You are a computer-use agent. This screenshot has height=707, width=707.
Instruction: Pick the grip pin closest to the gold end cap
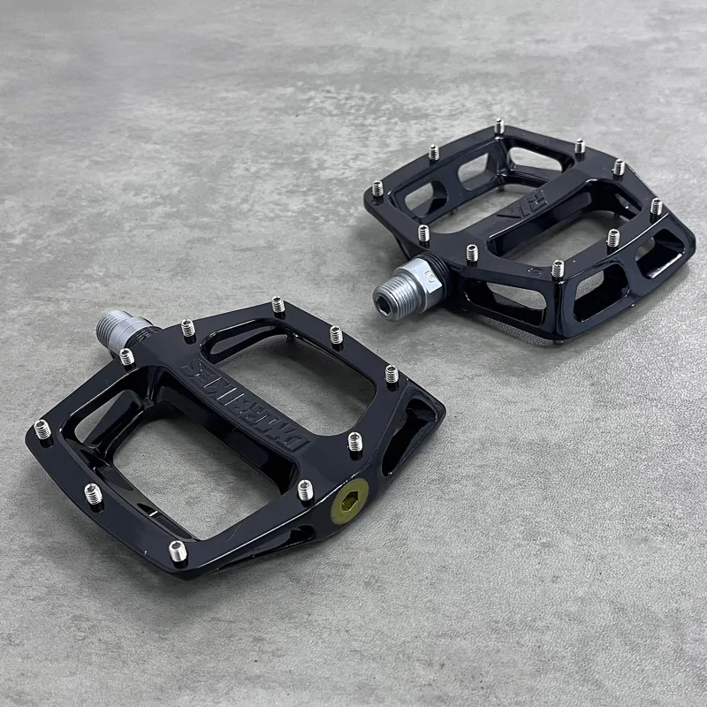click(x=305, y=489)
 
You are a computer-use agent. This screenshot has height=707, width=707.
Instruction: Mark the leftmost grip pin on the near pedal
click(x=42, y=430)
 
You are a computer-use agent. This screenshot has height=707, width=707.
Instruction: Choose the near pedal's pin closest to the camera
click(x=178, y=551)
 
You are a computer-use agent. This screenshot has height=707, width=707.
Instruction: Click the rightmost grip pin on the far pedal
click(x=656, y=208)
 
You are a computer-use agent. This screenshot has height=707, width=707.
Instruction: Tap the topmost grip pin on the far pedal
click(x=498, y=126)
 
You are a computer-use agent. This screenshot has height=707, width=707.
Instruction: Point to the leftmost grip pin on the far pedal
click(x=377, y=188)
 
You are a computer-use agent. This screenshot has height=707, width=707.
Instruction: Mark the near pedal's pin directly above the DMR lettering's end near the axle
click(x=187, y=329)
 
